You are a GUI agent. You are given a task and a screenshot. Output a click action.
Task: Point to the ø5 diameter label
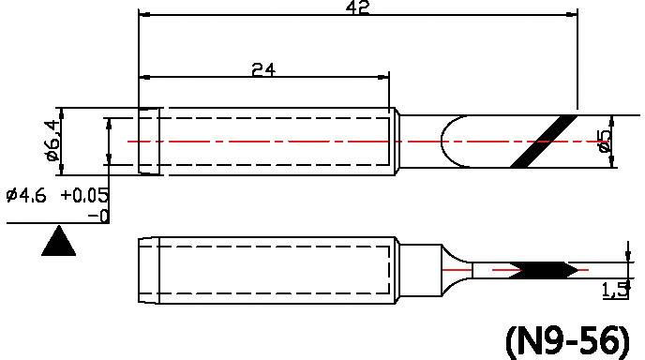[x=606, y=141]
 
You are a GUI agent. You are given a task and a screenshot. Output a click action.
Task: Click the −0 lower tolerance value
[x=97, y=216]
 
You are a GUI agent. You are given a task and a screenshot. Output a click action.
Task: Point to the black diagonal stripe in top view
[x=545, y=141]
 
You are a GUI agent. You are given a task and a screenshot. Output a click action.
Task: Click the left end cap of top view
[x=148, y=141]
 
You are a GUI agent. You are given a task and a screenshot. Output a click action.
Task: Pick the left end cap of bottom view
[x=148, y=270]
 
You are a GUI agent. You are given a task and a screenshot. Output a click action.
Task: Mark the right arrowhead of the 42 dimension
[x=570, y=15]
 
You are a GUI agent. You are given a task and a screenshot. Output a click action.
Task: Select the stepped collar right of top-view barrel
[x=397, y=141]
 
